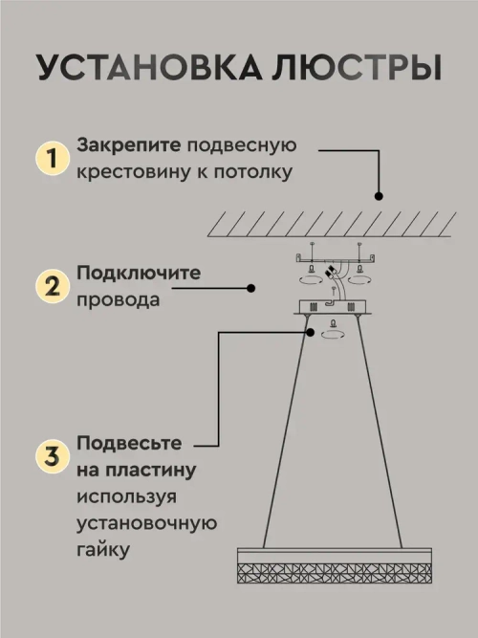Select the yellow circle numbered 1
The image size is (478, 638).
coord(52,157)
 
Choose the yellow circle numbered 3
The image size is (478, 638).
coord(52,455)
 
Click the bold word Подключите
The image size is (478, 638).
coord(139,274)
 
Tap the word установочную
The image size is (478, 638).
coord(147,524)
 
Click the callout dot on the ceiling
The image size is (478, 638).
coord(380,196)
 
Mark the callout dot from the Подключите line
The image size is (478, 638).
coord(250,286)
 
